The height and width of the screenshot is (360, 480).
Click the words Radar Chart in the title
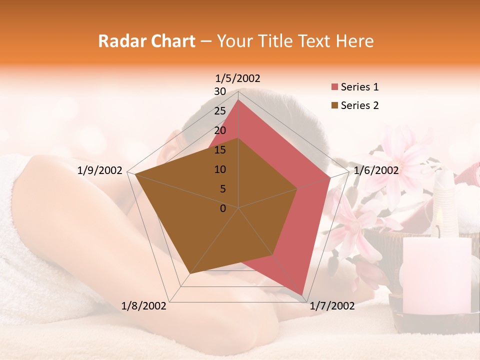tap(146, 41)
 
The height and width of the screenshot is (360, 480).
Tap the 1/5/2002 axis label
tap(238, 78)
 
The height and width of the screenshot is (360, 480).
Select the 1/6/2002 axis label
tap(376, 170)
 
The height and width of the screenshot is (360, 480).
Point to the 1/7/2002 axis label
tap(332, 306)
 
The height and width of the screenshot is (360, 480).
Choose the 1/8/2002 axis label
tap(144, 306)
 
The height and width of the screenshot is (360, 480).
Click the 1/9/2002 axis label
tap(100, 170)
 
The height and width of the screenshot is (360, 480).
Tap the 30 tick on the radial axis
tap(220, 91)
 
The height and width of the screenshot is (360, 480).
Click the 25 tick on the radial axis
tap(220, 111)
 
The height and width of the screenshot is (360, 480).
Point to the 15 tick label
tap(220, 150)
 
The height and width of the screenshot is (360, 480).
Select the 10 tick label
tap(220, 169)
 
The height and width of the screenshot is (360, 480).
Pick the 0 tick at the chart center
tap(223, 208)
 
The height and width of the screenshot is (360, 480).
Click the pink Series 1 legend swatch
tap(334, 87)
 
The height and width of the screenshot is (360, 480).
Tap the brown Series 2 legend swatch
tap(334, 105)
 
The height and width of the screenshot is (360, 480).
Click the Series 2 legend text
tap(359, 105)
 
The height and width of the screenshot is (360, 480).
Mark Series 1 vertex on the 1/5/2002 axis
tap(238, 100)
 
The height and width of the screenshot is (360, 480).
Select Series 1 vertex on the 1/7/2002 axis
tap(302, 295)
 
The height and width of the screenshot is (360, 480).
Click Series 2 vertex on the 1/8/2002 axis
tap(189, 274)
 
